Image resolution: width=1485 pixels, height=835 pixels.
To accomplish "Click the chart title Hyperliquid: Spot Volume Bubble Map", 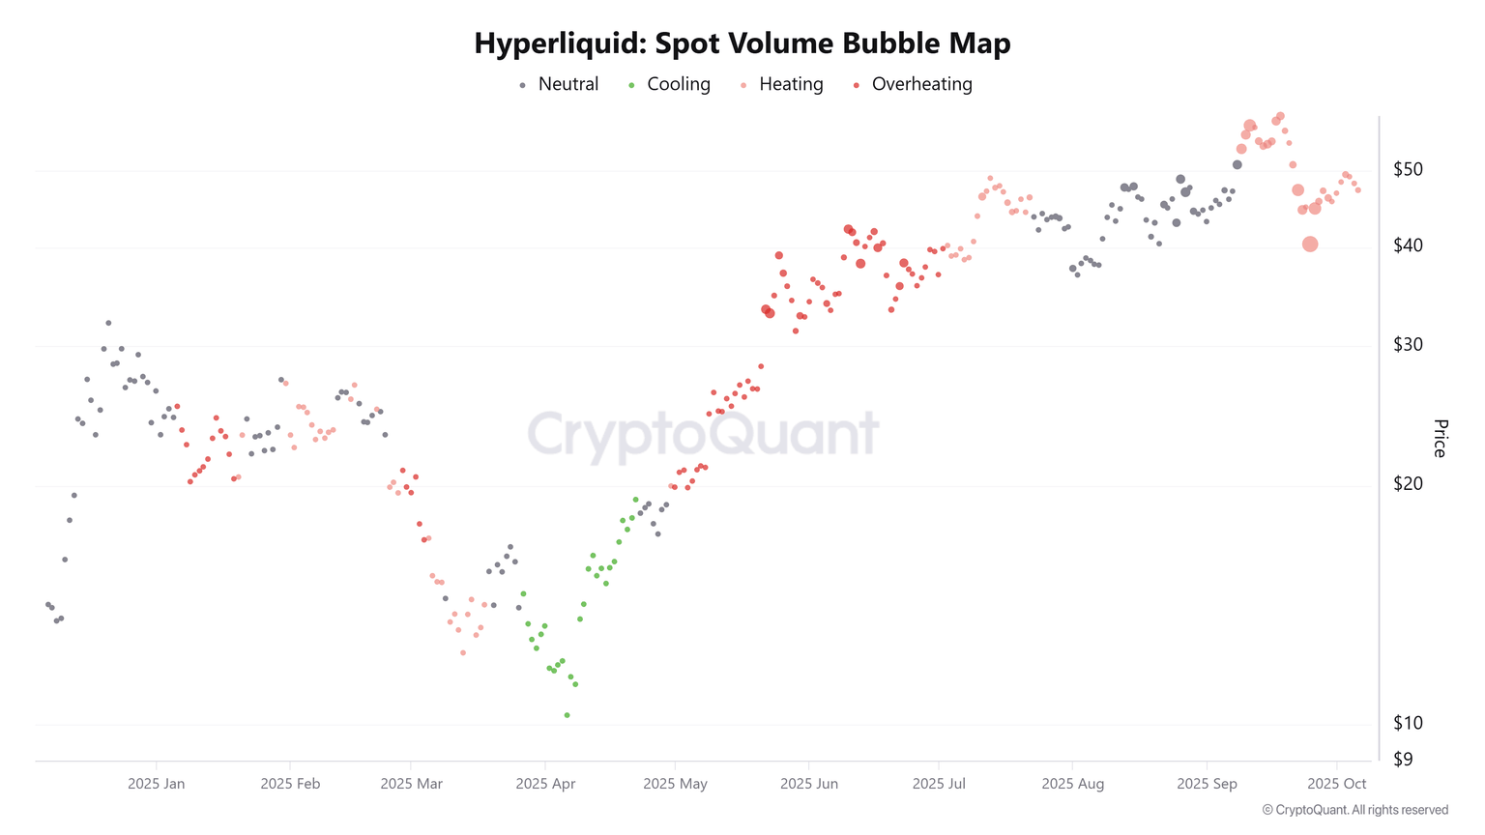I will (x=742, y=43).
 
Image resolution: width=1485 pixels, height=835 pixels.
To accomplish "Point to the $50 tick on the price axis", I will (x=1408, y=169).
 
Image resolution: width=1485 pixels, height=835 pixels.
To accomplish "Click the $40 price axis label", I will (x=1408, y=245).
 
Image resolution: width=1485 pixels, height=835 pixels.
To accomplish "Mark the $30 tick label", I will (x=1408, y=344).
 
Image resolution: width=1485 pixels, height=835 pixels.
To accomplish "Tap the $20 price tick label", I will (x=1408, y=483).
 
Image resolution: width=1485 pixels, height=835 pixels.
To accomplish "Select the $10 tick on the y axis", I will (x=1408, y=722).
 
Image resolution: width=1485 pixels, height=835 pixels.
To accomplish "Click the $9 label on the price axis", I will (x=1403, y=759).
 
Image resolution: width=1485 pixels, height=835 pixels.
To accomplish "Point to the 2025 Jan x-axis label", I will (x=156, y=784).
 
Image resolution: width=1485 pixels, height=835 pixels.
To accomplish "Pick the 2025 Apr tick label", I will (x=545, y=784).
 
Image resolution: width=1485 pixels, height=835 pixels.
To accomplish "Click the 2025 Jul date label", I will (x=939, y=784).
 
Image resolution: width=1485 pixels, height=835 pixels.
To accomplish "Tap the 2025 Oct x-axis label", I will (x=1336, y=784).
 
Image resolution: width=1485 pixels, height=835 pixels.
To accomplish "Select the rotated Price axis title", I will (x=1440, y=438).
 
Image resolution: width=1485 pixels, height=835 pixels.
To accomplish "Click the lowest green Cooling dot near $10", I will (x=567, y=715).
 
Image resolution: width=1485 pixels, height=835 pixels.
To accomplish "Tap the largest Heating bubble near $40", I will (x=1310, y=245).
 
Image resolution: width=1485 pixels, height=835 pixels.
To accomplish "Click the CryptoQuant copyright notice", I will (x=1354, y=810).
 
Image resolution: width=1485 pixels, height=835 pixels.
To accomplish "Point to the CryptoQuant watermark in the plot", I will (x=703, y=433).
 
